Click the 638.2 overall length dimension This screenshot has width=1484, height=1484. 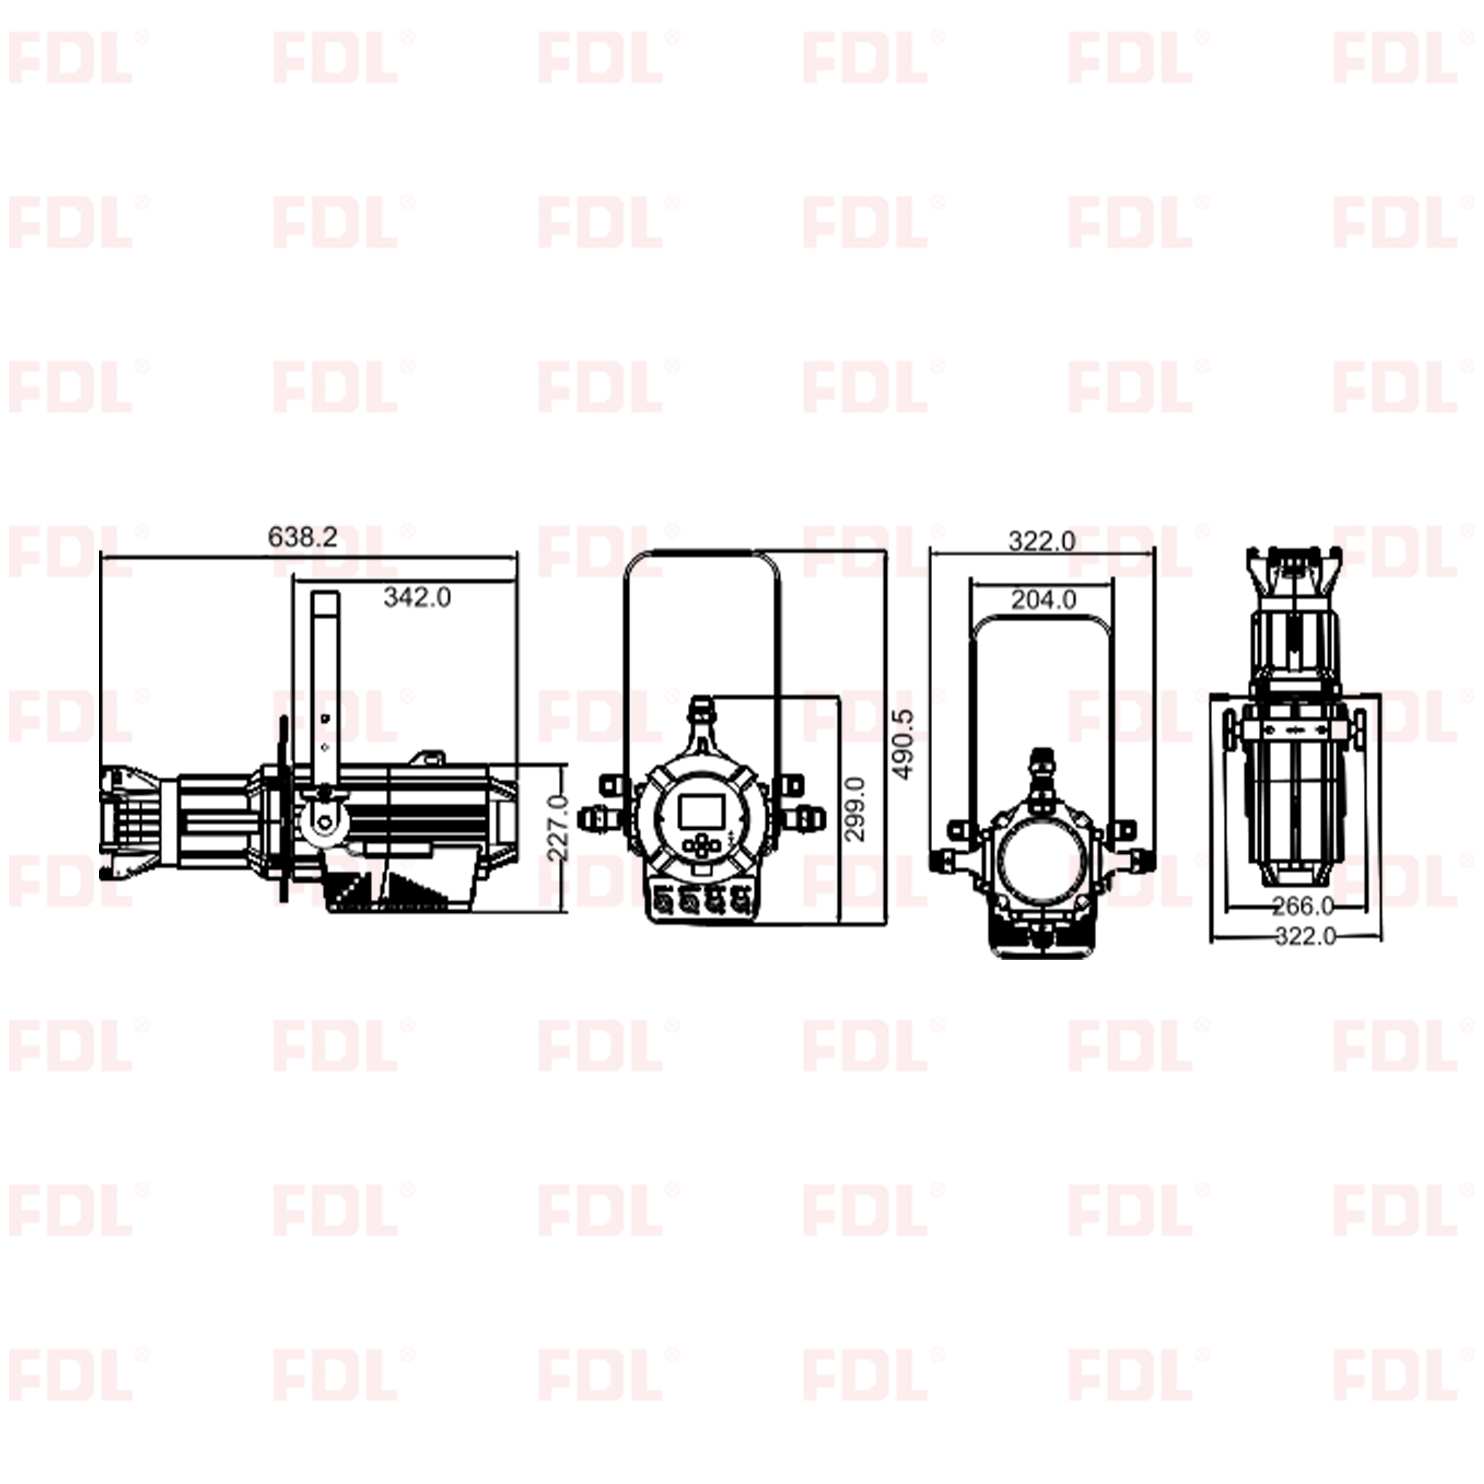(303, 537)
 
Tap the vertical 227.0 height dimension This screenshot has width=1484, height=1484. (558, 827)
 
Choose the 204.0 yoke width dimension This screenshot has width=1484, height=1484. (1043, 599)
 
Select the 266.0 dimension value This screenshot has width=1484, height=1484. (1303, 906)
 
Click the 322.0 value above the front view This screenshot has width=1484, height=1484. (1042, 542)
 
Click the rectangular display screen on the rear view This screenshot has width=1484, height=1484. (700, 811)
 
